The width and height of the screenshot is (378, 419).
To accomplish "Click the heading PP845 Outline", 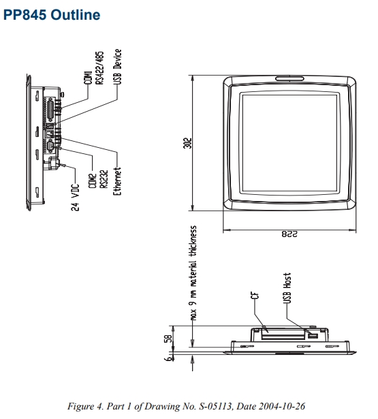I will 52,14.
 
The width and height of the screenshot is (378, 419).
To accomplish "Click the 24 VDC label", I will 76,196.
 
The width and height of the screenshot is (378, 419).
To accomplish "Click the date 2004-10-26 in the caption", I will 289,406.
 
